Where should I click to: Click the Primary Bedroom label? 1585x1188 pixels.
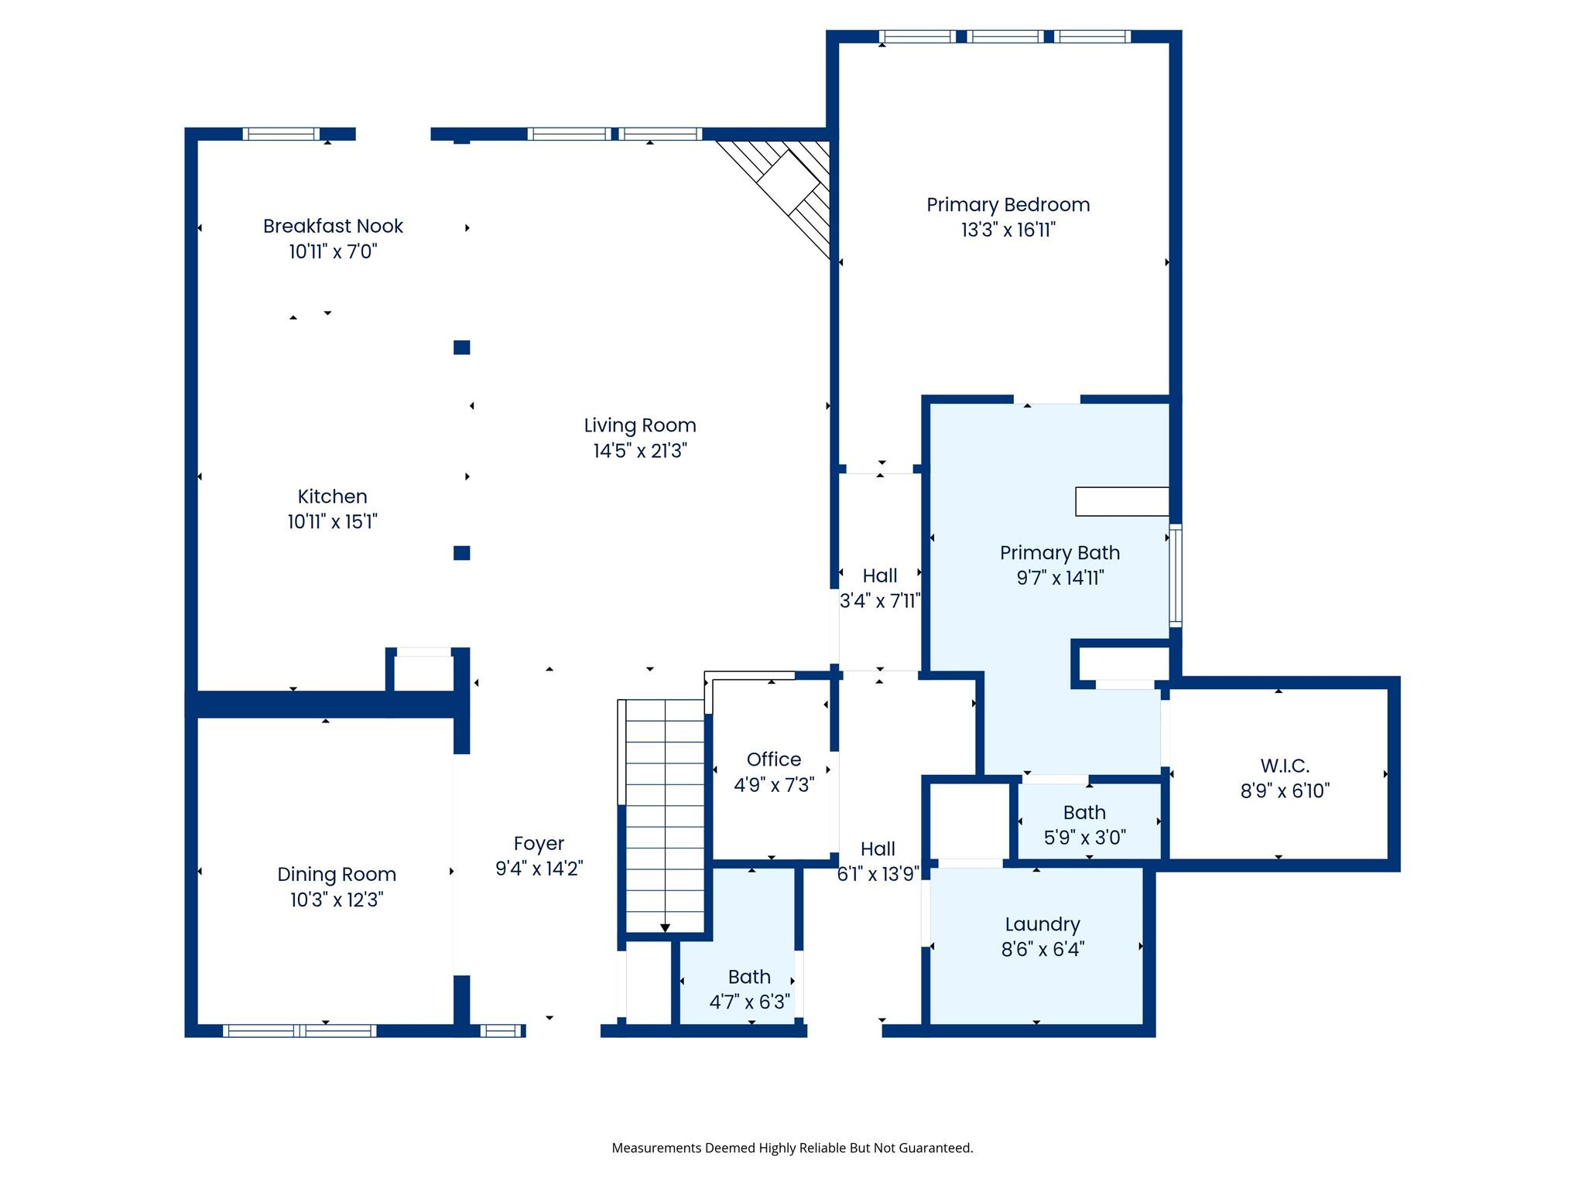point(1008,205)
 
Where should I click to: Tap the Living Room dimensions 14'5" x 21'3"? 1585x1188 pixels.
point(640,451)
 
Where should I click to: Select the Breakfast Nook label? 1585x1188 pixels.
point(333,226)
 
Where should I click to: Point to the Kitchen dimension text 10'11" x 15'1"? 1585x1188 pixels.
point(332,522)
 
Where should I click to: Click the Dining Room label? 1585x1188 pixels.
point(337,875)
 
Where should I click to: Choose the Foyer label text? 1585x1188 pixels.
point(539,844)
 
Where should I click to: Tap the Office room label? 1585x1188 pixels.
point(774,760)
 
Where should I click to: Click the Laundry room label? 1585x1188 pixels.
point(1042,924)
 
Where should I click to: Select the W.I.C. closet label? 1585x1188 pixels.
point(1285,766)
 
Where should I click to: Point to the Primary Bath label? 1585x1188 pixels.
point(1060,553)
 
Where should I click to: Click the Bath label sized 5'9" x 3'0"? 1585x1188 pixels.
point(1084,812)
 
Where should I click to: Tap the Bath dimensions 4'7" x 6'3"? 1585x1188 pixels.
point(749,1002)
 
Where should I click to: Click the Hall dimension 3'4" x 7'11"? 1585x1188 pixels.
point(880,601)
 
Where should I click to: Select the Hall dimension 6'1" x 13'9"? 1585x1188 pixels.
point(878,874)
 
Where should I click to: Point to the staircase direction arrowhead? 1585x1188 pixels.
point(665,928)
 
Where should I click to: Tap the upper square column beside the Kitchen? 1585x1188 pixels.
point(462,347)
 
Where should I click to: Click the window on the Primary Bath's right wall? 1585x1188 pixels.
point(1176,575)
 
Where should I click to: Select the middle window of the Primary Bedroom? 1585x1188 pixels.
point(1005,36)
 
